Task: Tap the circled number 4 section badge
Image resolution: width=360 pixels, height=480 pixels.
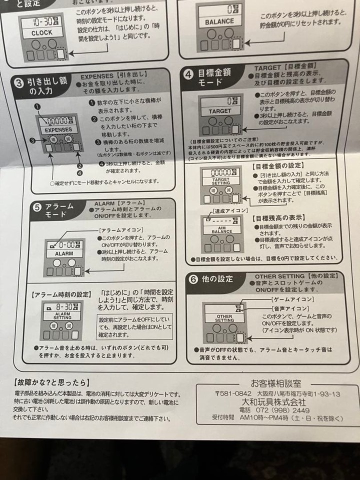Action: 188,74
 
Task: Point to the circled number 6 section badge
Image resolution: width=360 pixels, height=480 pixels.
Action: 192,279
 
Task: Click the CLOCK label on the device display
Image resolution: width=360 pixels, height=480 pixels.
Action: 41,33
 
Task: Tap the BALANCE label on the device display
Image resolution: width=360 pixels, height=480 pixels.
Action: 219,22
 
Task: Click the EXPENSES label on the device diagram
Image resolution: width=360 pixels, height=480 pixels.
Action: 58,130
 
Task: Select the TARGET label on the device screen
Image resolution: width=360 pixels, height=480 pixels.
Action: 220,111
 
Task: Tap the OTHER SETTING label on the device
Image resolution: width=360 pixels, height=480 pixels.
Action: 224,317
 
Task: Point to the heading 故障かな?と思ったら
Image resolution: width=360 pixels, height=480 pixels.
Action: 49,383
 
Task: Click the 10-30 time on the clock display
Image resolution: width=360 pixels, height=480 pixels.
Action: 37,22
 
